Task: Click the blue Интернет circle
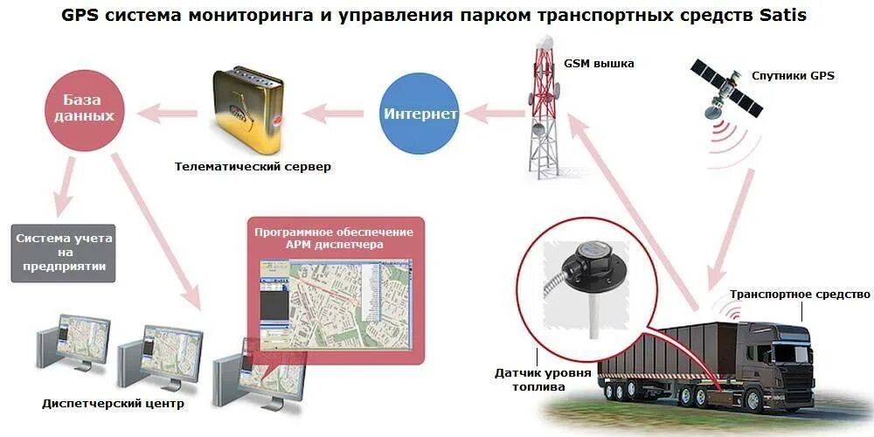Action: (x=420, y=114)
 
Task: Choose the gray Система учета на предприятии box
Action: (x=65, y=253)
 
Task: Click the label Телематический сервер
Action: (x=253, y=166)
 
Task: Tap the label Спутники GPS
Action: (x=793, y=75)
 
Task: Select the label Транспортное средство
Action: (x=800, y=295)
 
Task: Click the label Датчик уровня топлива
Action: (x=543, y=381)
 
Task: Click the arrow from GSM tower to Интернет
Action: (x=493, y=113)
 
